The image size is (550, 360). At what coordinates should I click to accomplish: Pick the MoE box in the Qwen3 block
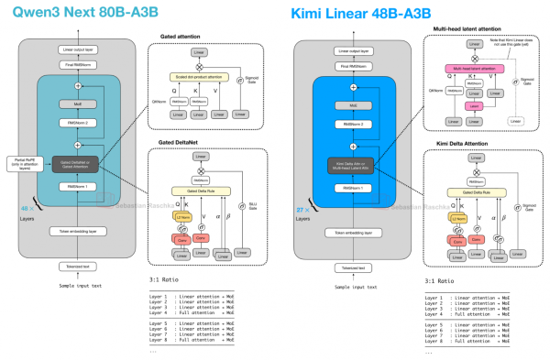(x=77, y=103)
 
